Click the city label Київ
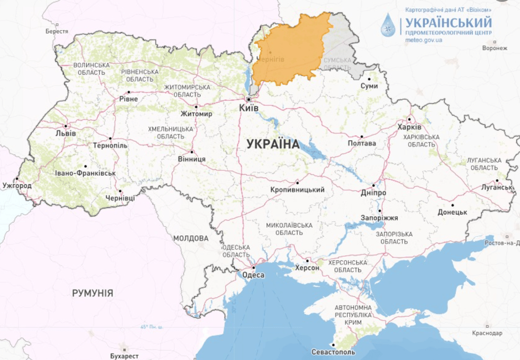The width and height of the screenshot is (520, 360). pos(249,108)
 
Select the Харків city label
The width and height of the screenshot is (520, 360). pos(409,127)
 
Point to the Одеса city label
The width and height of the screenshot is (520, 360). pos(253,275)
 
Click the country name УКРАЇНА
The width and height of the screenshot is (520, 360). pos(273,144)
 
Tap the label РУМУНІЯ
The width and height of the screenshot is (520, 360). pos(92,293)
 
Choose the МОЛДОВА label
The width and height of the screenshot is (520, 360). pos(190,239)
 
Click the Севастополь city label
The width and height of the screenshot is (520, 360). pos(333,352)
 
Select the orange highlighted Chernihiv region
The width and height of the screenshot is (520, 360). pos(291,52)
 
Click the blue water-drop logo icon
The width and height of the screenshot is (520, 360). pos(388,25)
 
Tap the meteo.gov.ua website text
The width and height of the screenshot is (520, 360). pos(423,40)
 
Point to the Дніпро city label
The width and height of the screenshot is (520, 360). pos(374,193)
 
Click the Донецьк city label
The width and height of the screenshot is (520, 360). pos(452,212)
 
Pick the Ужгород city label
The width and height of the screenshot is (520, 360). pos(16,186)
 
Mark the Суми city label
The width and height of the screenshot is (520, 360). pos(369,86)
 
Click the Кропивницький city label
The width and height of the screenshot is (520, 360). pos(298,190)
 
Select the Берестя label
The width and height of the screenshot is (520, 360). pos(57,31)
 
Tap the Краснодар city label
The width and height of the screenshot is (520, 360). pos(487,333)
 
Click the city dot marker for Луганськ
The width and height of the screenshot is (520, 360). pos(497,180)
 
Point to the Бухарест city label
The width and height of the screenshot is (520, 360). pos(124,356)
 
